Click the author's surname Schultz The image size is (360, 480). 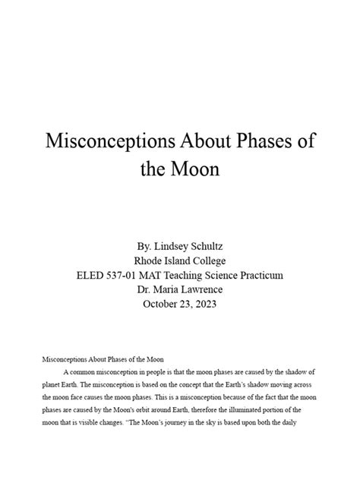pyautogui.click(x=205, y=247)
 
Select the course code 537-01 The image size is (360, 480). pyautogui.click(x=126, y=275)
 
